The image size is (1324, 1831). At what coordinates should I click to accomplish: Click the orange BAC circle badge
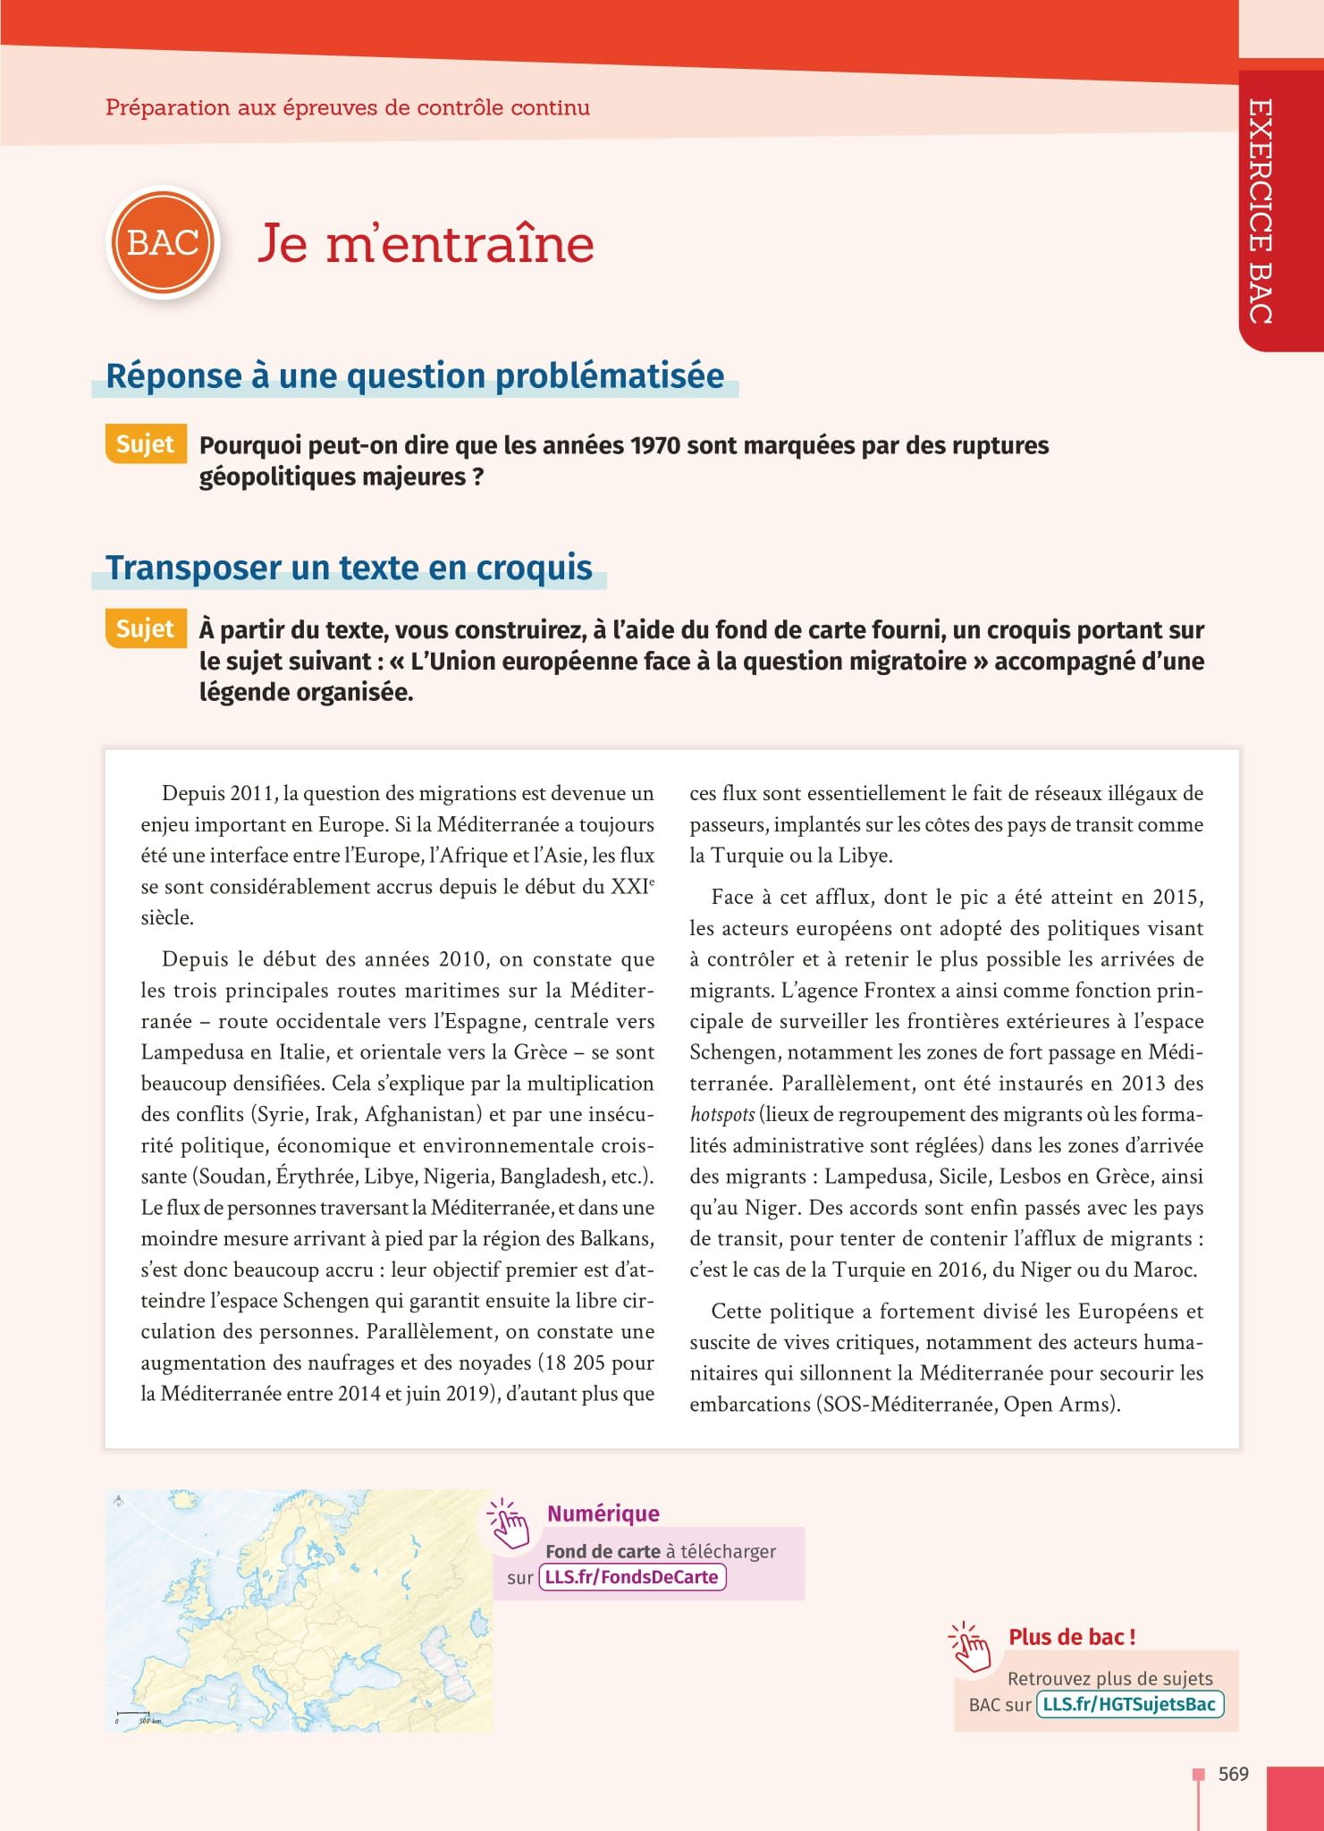pyautogui.click(x=163, y=243)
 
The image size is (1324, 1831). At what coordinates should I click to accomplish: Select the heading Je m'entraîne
pyautogui.click(x=426, y=244)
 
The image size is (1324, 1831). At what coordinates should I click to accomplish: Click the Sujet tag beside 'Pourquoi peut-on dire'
pyautogui.click(x=145, y=444)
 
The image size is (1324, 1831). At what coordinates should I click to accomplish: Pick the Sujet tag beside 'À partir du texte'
pyautogui.click(x=145, y=629)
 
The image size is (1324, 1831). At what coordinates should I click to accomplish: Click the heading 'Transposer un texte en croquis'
pyautogui.click(x=349, y=568)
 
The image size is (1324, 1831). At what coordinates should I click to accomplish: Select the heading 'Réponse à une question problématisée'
pyautogui.click(x=415, y=375)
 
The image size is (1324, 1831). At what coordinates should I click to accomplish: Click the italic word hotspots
pyautogui.click(x=721, y=1115)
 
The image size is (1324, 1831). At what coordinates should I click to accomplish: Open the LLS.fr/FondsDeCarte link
pyautogui.click(x=632, y=1577)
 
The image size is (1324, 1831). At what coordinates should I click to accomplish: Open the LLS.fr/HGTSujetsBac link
pyautogui.click(x=1130, y=1704)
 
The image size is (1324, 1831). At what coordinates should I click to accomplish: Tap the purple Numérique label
pyautogui.click(x=603, y=1514)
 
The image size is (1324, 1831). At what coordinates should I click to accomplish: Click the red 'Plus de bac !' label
pyautogui.click(x=1072, y=1637)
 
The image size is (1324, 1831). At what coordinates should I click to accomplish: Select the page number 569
pyautogui.click(x=1233, y=1774)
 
